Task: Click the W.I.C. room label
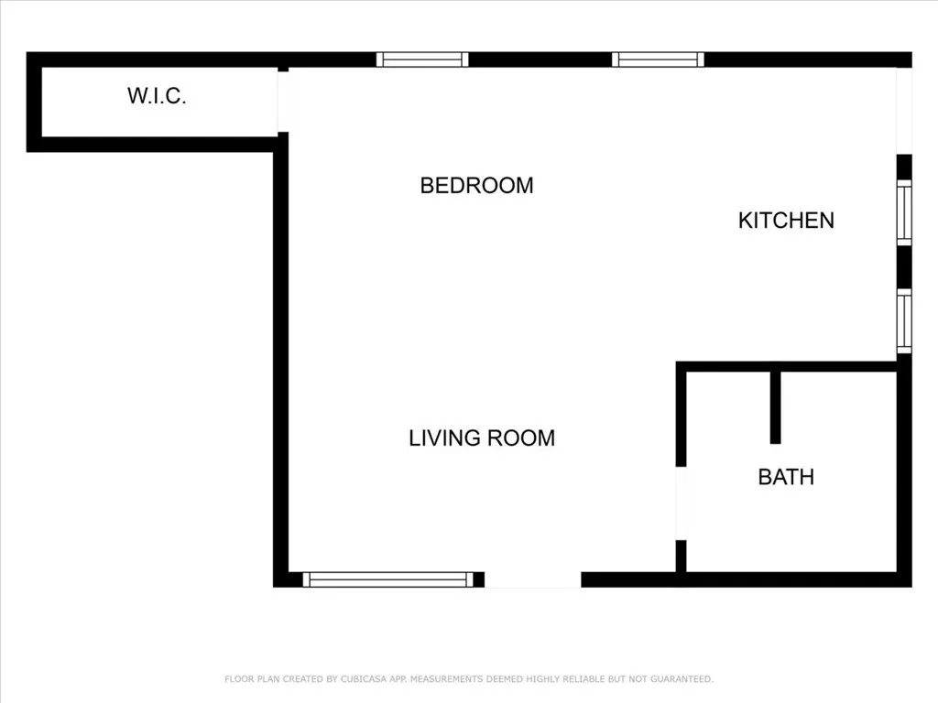click(x=157, y=96)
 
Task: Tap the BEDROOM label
click(x=476, y=186)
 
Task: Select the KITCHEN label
click(x=786, y=221)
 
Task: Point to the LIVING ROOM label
click(x=482, y=438)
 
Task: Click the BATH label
click(x=786, y=477)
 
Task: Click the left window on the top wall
click(x=422, y=59)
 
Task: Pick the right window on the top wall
click(x=658, y=59)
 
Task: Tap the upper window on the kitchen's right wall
click(x=904, y=212)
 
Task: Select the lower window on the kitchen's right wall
click(x=904, y=321)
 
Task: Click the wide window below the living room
click(x=387, y=579)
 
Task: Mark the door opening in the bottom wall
click(x=533, y=580)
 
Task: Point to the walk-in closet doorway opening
click(x=283, y=101)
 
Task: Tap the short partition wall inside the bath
click(x=775, y=407)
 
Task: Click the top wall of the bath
click(x=788, y=366)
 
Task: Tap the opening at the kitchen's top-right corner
click(x=904, y=110)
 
